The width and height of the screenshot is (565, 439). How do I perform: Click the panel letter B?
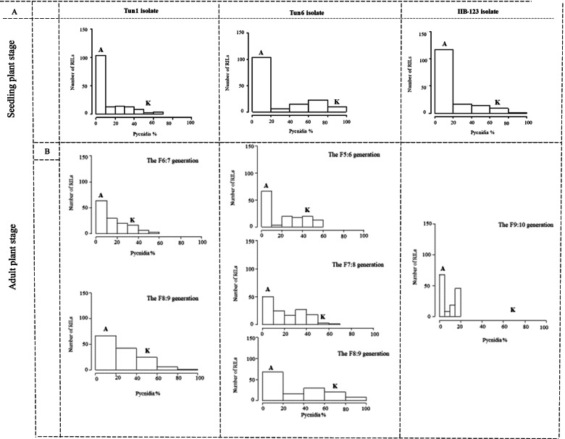tap(47, 151)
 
